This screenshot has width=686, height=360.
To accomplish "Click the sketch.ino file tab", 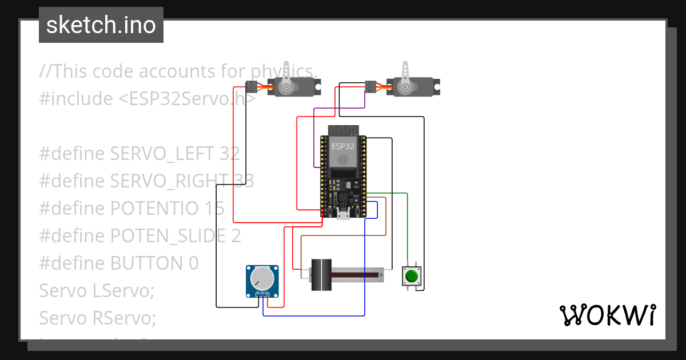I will (101, 25).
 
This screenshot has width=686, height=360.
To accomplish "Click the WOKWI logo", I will (607, 315).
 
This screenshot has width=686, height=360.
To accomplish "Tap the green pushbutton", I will (411, 277).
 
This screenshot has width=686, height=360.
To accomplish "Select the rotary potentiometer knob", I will (262, 278).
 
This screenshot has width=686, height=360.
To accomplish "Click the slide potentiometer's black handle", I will (321, 275).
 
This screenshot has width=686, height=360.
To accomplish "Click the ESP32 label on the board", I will (343, 146).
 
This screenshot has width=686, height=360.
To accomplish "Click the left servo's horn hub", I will (286, 87).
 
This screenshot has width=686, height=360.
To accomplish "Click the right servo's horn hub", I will (405, 87).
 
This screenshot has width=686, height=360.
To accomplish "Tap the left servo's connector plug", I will (251, 87).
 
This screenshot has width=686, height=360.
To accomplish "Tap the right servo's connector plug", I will (370, 87).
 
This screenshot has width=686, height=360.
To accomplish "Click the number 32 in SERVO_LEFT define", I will (228, 154).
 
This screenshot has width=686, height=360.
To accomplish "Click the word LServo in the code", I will (122, 291).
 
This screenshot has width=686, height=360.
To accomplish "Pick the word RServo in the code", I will (123, 318).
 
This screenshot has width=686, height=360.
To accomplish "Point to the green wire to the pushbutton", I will (407, 229).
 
